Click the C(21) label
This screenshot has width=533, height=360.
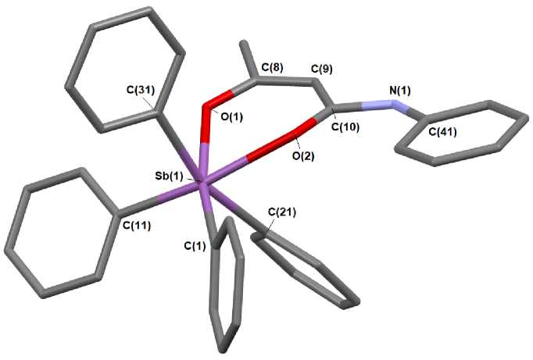click(282, 212)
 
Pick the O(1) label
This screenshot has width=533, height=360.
click(232, 116)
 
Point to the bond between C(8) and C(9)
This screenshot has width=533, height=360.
click(284, 82)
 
